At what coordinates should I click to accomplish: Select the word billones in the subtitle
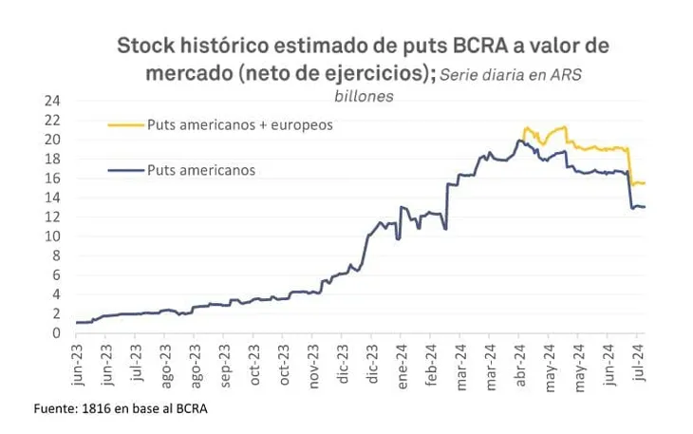pos(364,95)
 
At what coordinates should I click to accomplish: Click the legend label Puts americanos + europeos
pos(239,124)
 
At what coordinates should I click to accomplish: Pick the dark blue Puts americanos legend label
pos(201,170)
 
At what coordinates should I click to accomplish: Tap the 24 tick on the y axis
pos(53,100)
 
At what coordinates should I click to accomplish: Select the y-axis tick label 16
pos(53,178)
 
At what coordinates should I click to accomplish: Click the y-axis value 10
pos(53,236)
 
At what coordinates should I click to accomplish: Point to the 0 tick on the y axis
pos(57,332)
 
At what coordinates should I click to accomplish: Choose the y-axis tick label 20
pos(53,139)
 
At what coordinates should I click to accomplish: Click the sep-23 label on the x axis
pos(225,361)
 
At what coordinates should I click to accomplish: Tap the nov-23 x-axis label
pos(313,361)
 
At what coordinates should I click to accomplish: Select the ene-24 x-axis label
pos(402,361)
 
